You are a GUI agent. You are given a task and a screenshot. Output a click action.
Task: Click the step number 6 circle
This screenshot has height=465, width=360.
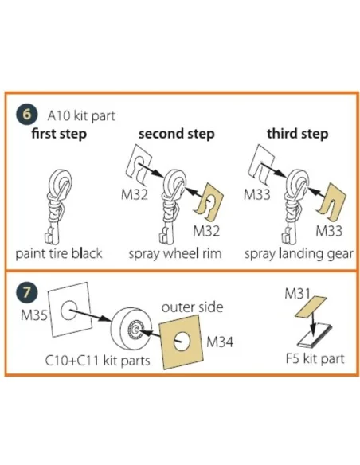[x=27, y=114]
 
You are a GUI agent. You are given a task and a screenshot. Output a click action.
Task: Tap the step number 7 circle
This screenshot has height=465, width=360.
[x=27, y=292]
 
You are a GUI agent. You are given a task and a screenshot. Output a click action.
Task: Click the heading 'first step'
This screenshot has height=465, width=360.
[x=59, y=134]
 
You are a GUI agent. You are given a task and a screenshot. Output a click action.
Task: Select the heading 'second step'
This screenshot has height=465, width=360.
[x=177, y=134]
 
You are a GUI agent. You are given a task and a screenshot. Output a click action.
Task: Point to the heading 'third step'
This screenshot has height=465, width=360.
[x=297, y=134]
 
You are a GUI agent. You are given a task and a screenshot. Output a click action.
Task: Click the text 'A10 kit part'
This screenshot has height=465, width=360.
[x=81, y=115]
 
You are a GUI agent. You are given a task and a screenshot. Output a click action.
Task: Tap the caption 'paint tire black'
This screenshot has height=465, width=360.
[x=59, y=254]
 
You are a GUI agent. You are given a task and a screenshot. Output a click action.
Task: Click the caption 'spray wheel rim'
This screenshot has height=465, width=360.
[x=175, y=254]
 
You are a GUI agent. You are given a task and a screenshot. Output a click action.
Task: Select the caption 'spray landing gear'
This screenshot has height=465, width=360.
[x=299, y=254]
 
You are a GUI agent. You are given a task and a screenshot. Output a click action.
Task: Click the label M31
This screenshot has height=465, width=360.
[x=297, y=294]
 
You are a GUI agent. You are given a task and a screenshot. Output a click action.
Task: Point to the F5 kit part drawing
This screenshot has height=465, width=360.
[x=315, y=336]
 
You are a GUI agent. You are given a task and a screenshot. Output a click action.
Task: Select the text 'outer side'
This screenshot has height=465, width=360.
[x=192, y=307]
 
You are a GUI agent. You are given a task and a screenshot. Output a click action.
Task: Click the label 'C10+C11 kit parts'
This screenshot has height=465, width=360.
[x=97, y=361]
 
